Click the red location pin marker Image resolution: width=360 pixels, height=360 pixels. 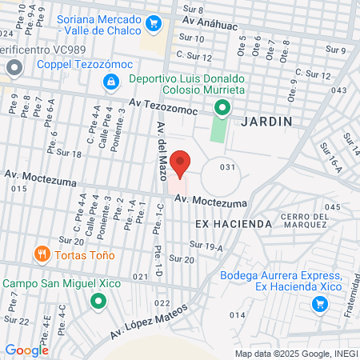coord(181,162)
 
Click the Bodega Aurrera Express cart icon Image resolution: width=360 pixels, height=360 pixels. coord(320,304)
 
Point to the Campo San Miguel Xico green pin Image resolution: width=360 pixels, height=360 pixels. coord(98,302)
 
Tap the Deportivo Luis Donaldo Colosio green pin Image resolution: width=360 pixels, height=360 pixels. coord(226,108)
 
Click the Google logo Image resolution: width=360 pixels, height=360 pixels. coord(26,350)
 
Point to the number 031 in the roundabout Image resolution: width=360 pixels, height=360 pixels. coord(229,167)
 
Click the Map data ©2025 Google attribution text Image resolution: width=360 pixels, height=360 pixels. coord(296,354)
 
